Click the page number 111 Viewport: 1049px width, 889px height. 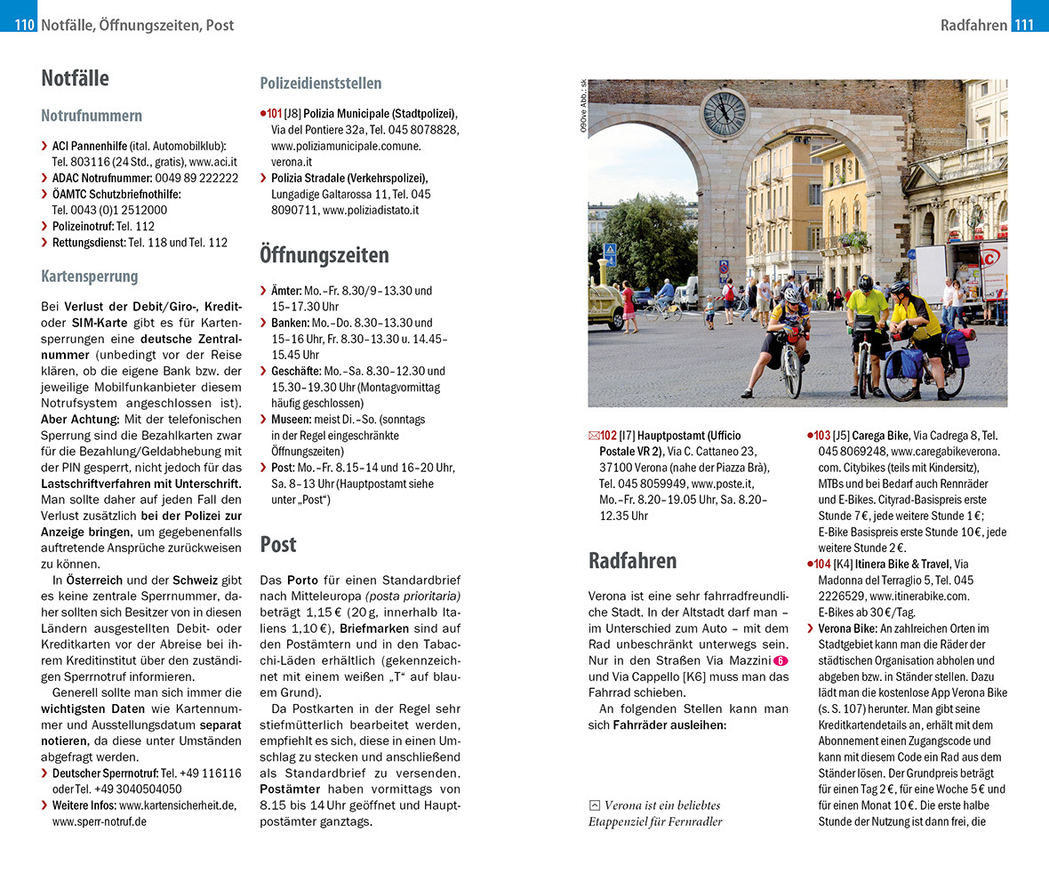[1024, 25]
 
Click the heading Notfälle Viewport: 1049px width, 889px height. [75, 78]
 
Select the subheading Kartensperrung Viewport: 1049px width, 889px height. [90, 276]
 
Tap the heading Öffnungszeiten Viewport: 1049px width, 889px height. [324, 256]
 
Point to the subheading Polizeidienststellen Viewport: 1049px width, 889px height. [321, 84]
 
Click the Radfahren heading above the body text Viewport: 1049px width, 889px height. [633, 561]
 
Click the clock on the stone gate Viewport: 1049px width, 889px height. [725, 113]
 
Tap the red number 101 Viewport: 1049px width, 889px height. [274, 114]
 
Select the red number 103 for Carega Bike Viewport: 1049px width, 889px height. [821, 436]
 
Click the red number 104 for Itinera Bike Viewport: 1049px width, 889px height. [821, 564]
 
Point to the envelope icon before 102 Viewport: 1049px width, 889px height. [593, 436]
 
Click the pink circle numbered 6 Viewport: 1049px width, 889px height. [781, 661]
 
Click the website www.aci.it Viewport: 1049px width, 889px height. [212, 162]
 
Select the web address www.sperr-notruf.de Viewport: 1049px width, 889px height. [100, 821]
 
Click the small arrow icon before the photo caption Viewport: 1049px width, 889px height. [594, 805]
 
